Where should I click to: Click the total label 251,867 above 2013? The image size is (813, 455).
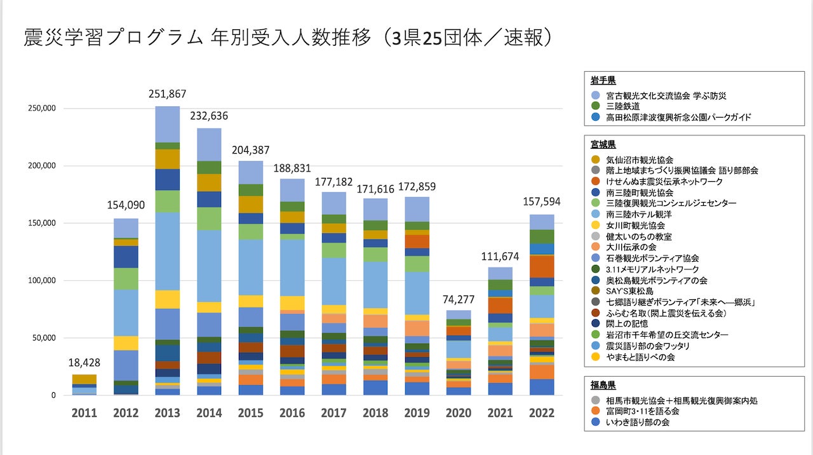[168, 94]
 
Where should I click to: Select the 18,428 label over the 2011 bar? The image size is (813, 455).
[84, 363]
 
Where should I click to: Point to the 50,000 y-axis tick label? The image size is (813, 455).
[42, 338]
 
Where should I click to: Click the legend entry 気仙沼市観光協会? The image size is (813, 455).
[639, 160]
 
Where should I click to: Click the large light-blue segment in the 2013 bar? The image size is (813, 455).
[168, 251]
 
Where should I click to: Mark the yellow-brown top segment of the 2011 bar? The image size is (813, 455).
[84, 379]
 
